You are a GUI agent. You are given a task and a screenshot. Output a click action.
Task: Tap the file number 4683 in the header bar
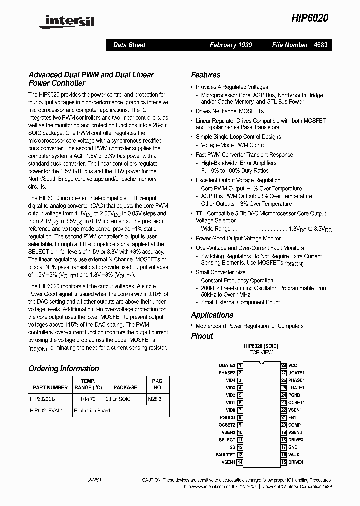[321, 45]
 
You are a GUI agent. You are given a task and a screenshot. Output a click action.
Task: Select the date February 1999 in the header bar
[231, 45]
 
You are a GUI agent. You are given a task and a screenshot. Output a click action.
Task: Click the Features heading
[205, 75]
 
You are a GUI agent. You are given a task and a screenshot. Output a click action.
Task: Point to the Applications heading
[212, 315]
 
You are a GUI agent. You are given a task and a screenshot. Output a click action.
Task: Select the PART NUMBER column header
[50, 387]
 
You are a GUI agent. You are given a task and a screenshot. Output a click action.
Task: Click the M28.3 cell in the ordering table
[155, 399]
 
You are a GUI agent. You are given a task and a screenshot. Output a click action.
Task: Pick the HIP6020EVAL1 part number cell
[47, 410]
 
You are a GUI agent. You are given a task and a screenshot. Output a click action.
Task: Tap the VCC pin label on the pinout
[292, 365]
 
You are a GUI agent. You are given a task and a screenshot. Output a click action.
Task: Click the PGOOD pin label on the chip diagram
[227, 417]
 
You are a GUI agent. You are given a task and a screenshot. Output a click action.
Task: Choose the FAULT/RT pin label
[225, 455]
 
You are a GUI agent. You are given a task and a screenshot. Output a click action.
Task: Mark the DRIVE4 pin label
[296, 462]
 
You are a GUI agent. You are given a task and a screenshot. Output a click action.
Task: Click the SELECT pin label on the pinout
[227, 440]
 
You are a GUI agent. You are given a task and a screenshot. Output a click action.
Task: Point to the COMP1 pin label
[295, 425]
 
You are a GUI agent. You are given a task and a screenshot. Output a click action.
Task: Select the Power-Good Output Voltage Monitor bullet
[238, 238]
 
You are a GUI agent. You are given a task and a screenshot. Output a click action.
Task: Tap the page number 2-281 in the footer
[93, 480]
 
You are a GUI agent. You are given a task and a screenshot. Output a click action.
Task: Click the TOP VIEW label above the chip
[261, 352]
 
